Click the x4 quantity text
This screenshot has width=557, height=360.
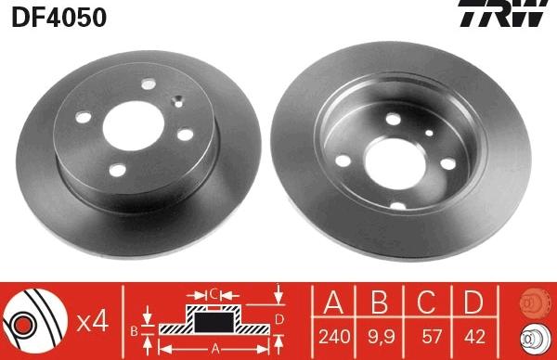click(x=94, y=321)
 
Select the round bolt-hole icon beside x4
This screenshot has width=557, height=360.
click(x=37, y=320)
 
